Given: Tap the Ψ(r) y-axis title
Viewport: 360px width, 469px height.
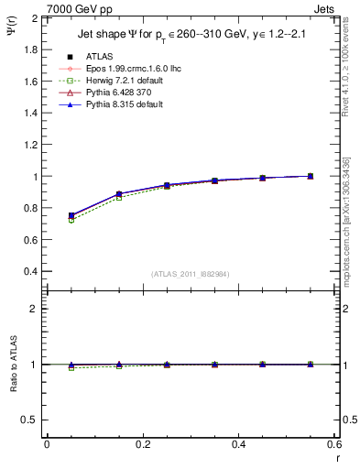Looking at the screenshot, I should pos(10,32).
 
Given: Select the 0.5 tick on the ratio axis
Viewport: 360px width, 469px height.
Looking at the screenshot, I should pos(29,420).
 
